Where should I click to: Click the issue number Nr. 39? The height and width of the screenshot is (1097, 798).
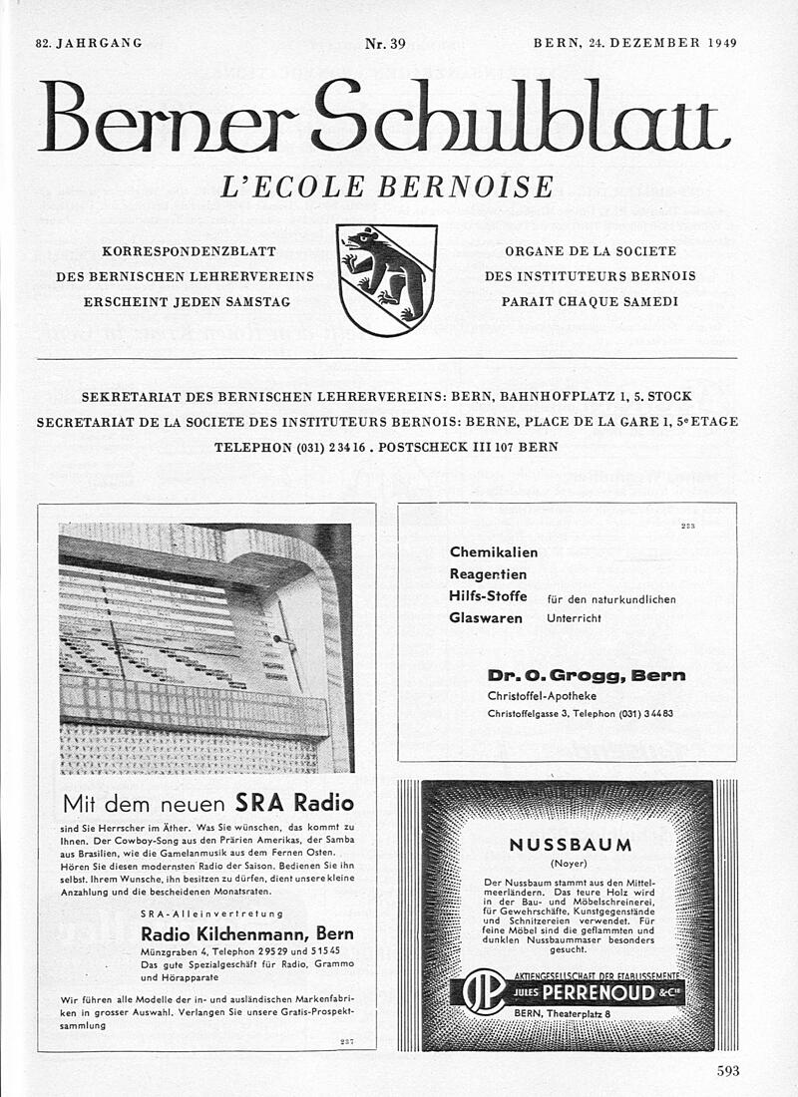tap(385, 43)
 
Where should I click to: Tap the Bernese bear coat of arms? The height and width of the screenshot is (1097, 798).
tap(386, 278)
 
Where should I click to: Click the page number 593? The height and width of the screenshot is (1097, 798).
tap(728, 1072)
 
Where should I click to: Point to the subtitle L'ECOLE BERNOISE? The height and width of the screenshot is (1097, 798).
tap(387, 186)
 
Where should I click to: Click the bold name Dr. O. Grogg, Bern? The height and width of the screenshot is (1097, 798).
tap(587, 675)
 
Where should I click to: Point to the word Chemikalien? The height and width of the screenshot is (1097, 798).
tap(494, 551)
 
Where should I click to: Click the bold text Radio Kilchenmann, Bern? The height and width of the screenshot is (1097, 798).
tap(247, 934)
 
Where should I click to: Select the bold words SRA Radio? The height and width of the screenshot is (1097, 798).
tap(294, 802)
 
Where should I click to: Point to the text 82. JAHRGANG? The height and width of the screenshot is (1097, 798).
tap(89, 43)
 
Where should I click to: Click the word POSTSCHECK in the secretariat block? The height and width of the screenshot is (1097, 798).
tap(425, 447)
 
